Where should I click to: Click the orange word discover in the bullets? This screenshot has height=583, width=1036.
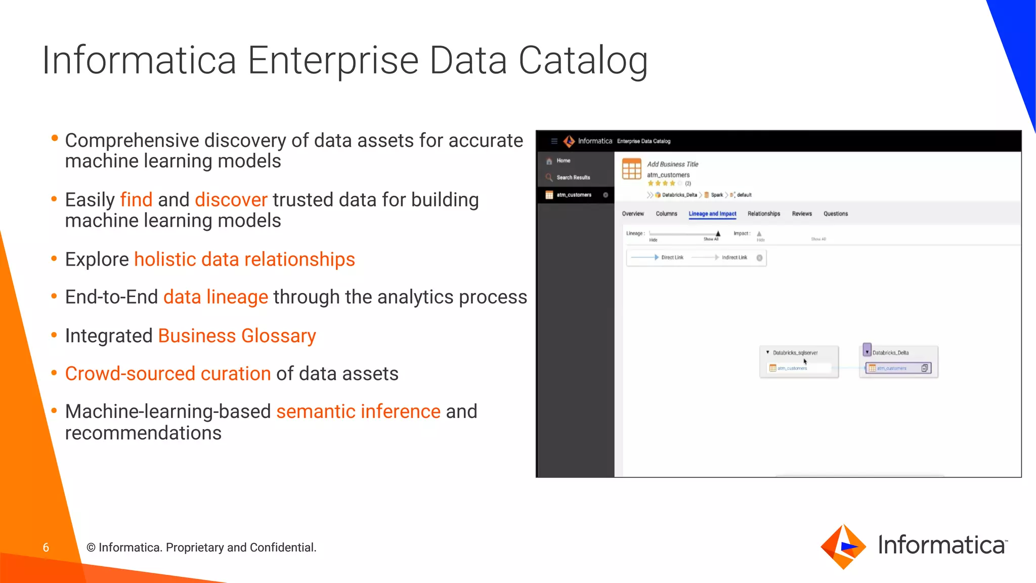pyautogui.click(x=231, y=200)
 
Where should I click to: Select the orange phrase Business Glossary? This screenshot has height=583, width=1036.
pyautogui.click(x=237, y=336)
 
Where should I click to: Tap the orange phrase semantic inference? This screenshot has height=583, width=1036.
pyautogui.click(x=358, y=411)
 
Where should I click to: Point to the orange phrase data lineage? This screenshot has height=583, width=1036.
pyautogui.click(x=215, y=297)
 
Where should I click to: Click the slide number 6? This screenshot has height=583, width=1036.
pyautogui.click(x=46, y=548)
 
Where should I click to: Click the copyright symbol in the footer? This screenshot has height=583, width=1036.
pyautogui.click(x=91, y=548)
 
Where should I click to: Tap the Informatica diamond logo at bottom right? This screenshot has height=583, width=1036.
pyautogui.click(x=843, y=547)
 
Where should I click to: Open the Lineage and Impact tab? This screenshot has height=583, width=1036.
pyautogui.click(x=712, y=214)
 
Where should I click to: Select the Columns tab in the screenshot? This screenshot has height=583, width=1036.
pyautogui.click(x=666, y=214)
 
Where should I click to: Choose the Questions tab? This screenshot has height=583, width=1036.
pyautogui.click(x=835, y=214)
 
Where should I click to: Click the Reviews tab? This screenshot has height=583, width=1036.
pyautogui.click(x=802, y=214)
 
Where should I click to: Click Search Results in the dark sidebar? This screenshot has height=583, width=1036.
pyautogui.click(x=573, y=178)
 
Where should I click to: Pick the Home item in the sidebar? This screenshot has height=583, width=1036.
pyautogui.click(x=563, y=160)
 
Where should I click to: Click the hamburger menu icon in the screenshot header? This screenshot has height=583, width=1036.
pyautogui.click(x=554, y=141)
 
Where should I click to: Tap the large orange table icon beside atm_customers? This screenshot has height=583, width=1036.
pyautogui.click(x=631, y=169)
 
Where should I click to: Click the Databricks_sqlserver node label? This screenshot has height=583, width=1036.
pyautogui.click(x=795, y=353)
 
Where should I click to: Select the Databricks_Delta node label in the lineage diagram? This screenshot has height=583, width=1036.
pyautogui.click(x=890, y=353)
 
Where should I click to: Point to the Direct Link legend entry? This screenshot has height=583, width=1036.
pyautogui.click(x=672, y=258)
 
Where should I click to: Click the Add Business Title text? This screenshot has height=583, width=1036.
pyautogui.click(x=672, y=164)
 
